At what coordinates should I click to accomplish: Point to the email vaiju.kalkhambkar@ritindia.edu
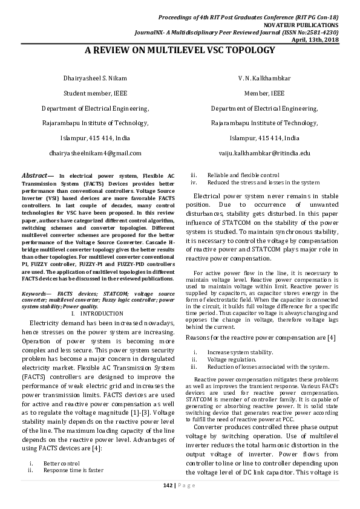pos(264,154)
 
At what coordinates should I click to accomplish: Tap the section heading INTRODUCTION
pos(101,314)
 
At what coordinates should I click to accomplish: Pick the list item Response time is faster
pos(73,470)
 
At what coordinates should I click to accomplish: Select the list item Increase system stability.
pos(240,352)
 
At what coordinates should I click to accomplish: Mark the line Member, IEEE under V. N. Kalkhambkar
pos(264,94)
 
